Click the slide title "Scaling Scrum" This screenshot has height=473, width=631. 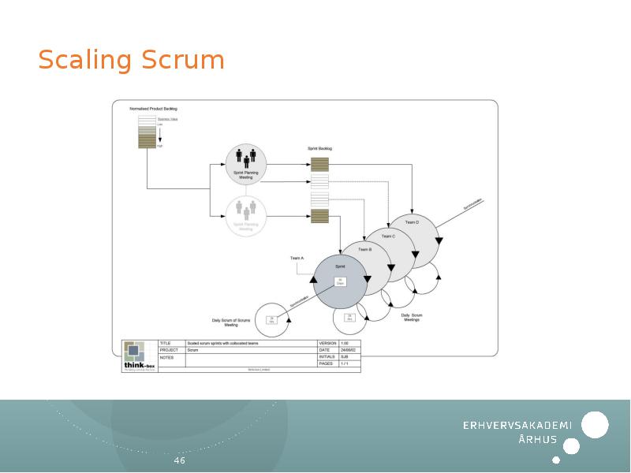pyautogui.click(x=131, y=60)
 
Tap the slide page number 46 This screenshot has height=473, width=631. pyautogui.click(x=180, y=460)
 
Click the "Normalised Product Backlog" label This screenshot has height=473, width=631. pyautogui.click(x=154, y=108)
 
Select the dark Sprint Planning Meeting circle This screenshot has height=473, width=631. pyautogui.click(x=246, y=164)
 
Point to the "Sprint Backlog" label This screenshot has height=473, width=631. pyautogui.click(x=319, y=148)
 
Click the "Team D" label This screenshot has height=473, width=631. pyautogui.click(x=412, y=222)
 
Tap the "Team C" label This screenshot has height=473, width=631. pyautogui.click(x=388, y=236)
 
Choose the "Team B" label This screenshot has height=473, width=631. pyautogui.click(x=365, y=249)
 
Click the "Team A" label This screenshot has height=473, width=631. pyautogui.click(x=297, y=258)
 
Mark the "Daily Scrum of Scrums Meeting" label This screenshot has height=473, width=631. pyautogui.click(x=230, y=322)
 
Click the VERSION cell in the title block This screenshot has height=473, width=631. pyautogui.click(x=327, y=343)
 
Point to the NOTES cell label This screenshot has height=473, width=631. pyautogui.click(x=166, y=357)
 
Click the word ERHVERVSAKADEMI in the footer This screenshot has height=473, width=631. pyautogui.click(x=517, y=426)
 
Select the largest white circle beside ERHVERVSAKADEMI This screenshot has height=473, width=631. pyautogui.click(x=595, y=424)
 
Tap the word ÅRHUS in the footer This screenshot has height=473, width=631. pyautogui.click(x=538, y=440)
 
